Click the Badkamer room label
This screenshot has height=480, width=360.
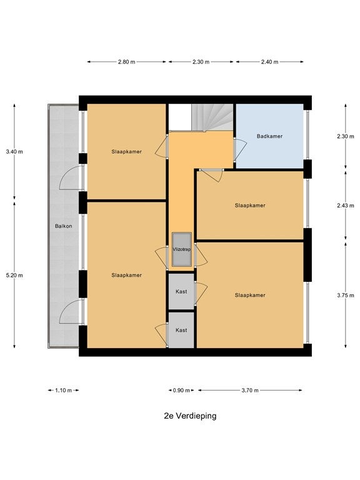(x=269, y=136)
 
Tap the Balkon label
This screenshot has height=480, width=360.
(x=63, y=226)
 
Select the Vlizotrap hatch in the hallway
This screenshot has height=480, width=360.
(x=181, y=249)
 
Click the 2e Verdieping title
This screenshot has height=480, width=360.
(x=190, y=416)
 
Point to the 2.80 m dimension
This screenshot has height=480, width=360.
(x=126, y=62)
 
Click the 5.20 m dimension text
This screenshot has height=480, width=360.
(x=14, y=275)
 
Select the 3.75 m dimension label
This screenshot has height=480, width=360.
(x=346, y=296)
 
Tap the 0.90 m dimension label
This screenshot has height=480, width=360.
(x=181, y=390)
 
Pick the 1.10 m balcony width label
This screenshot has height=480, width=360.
(x=63, y=390)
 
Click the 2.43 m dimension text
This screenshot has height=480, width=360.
(x=346, y=206)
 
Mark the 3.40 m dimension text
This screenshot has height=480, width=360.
(x=14, y=151)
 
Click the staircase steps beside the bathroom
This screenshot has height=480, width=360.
(x=212, y=117)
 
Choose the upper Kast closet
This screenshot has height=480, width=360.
(x=181, y=291)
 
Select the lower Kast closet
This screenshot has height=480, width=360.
(x=181, y=330)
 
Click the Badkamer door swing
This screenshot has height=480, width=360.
(x=240, y=149)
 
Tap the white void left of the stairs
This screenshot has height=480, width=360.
(x=180, y=117)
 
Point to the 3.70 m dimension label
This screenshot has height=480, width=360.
(x=250, y=390)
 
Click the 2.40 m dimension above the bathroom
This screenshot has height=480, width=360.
(x=270, y=62)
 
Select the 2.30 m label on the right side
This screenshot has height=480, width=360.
(x=346, y=136)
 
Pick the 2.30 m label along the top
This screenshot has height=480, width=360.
(x=201, y=62)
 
